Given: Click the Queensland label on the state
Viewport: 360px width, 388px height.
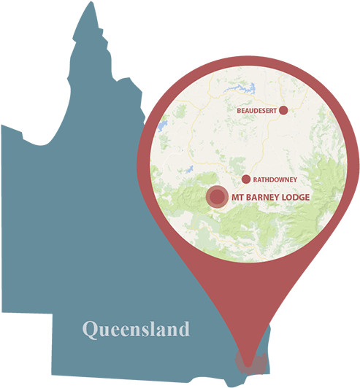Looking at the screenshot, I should click(136, 330).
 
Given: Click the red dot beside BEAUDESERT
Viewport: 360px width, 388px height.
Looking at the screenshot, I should click(283, 110).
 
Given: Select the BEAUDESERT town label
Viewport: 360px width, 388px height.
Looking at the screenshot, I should click(257, 111).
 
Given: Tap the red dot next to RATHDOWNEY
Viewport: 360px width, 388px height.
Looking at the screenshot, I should click(245, 179).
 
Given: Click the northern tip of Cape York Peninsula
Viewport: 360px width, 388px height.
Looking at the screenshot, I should click(91, 4).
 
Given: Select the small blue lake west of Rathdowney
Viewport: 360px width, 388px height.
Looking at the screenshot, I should click(189, 171).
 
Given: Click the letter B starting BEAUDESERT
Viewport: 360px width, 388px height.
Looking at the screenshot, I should click(240, 111).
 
